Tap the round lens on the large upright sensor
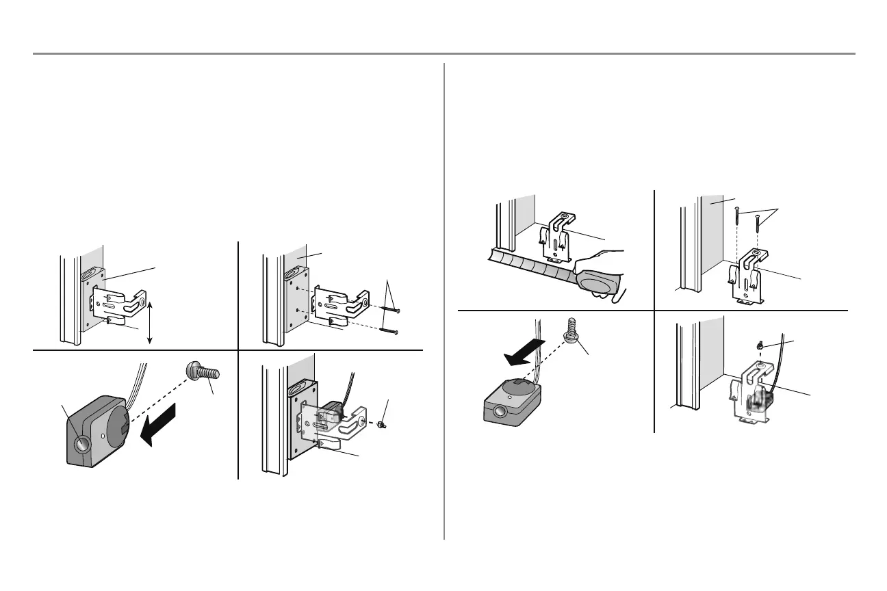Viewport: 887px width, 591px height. (x=82, y=445)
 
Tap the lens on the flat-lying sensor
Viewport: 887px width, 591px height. (x=500, y=412)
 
